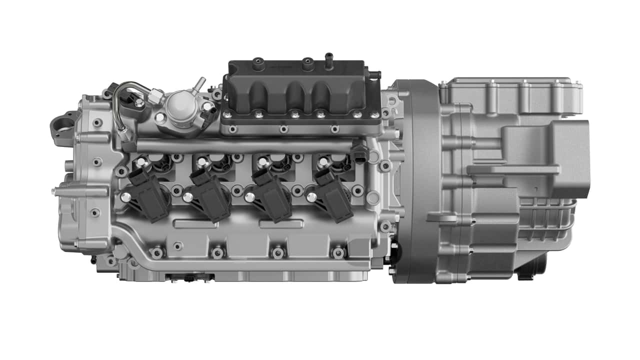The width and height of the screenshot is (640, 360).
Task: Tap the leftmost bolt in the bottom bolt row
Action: [x=157, y=252]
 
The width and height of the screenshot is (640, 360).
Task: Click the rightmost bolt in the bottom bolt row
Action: [x=338, y=252]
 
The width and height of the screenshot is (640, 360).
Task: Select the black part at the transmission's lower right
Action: [x=532, y=267]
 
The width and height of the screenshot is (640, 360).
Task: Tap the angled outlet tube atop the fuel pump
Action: [x=199, y=84]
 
